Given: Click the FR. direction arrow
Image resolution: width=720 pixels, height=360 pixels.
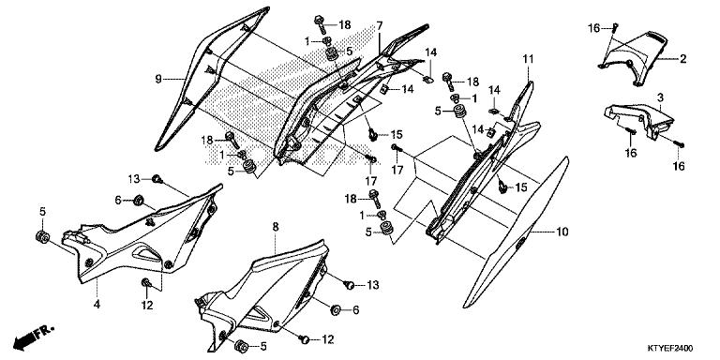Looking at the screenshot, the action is point(34,337).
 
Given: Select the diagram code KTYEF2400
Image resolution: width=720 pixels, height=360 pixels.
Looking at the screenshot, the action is point(670,348).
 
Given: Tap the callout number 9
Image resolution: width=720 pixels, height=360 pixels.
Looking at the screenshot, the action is point(158,79).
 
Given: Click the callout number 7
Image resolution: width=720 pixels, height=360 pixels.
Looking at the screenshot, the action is point(380,25).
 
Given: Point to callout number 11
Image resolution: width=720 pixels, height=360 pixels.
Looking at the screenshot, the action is point(528,59).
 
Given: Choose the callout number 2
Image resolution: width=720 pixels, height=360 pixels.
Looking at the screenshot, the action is point(683,58).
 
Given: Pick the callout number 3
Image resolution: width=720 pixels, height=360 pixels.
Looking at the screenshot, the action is point(660,97).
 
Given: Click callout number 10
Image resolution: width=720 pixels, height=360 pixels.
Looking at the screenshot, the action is point(562,232).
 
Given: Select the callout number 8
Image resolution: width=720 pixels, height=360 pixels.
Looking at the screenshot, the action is point(275,227).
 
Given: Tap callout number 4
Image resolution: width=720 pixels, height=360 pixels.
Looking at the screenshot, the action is point(97,304).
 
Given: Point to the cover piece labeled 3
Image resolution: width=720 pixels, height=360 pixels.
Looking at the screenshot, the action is point(639,121).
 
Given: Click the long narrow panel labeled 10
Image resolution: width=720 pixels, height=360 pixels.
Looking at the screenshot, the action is point(517,232).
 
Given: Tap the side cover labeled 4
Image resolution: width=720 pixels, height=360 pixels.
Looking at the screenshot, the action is point(142,234).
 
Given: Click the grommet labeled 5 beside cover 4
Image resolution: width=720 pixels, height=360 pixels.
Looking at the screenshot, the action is point(43,237).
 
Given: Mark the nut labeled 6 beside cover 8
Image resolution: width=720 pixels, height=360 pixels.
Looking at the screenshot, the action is point(336,310).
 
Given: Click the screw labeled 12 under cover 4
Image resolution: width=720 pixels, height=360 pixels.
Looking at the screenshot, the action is point(146,282).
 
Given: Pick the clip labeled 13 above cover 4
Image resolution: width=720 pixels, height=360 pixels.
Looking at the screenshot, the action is point(157,179).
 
